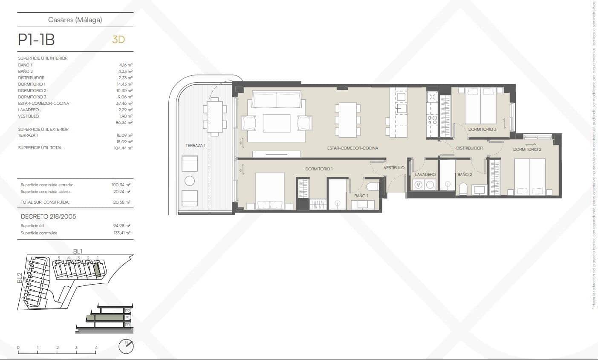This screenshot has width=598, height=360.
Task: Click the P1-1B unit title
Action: point(36,40)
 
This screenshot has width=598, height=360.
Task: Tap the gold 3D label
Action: point(118,40)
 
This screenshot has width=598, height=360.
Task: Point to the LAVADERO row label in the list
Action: point(28,109)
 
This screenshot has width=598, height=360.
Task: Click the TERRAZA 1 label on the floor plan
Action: point(195,146)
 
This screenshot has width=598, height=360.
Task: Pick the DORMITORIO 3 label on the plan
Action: point(482,129)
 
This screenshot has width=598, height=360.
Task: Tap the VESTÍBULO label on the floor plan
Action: point(394,168)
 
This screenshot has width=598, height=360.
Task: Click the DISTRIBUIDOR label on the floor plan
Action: point(469,148)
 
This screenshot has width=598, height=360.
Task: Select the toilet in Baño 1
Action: point(373,186)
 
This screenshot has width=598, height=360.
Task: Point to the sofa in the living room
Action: point(277,99)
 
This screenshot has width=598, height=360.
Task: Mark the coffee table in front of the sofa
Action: point(276,123)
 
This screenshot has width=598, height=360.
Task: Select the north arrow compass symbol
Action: point(126,346)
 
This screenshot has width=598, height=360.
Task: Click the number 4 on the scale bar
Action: point(96,348)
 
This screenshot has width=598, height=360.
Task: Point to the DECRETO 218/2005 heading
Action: point(48,216)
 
